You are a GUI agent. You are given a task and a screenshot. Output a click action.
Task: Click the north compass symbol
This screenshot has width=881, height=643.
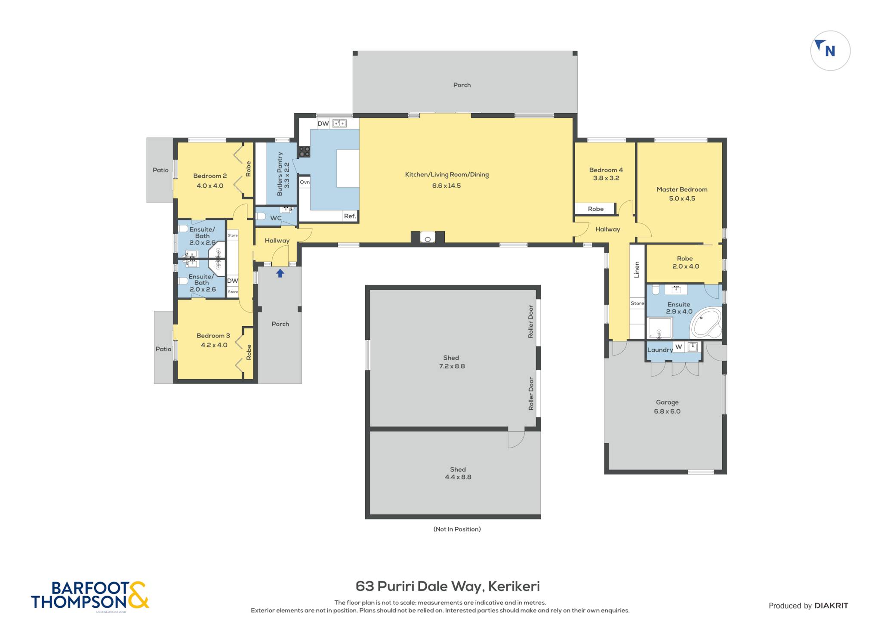(830, 51)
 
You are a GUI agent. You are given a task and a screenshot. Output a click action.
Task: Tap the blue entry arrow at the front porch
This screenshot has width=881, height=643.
(280, 273)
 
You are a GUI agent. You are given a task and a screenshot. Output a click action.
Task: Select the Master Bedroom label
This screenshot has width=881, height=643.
(682, 189)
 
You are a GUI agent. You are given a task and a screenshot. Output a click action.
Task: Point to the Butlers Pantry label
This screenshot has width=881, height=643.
(280, 174)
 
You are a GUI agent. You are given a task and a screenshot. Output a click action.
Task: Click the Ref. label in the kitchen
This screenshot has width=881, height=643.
(350, 216)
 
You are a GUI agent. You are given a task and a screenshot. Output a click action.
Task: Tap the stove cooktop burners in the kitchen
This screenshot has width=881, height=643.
(305, 151)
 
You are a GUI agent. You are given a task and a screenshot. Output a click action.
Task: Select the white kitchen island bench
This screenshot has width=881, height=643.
(348, 168)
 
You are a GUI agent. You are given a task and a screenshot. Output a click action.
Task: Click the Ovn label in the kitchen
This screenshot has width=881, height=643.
(305, 182)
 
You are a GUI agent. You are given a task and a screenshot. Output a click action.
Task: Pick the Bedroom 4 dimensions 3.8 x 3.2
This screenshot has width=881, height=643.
(606, 178)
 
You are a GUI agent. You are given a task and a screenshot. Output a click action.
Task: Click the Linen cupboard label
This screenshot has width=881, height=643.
(637, 270)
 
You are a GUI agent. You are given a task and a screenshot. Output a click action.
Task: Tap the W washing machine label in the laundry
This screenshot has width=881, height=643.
(679, 347)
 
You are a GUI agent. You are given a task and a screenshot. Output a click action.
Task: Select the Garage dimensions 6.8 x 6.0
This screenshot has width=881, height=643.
(667, 411)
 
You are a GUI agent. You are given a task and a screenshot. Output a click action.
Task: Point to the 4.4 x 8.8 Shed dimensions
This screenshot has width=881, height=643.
(458, 477)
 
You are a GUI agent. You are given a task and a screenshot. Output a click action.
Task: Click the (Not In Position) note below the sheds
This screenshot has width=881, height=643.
(457, 529)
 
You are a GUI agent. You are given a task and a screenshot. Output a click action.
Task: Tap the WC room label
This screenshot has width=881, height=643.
(276, 218)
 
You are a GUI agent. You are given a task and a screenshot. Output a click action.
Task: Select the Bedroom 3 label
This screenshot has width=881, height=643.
(213, 336)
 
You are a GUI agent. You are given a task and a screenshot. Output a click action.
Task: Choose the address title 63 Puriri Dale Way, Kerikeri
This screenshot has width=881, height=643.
(448, 586)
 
